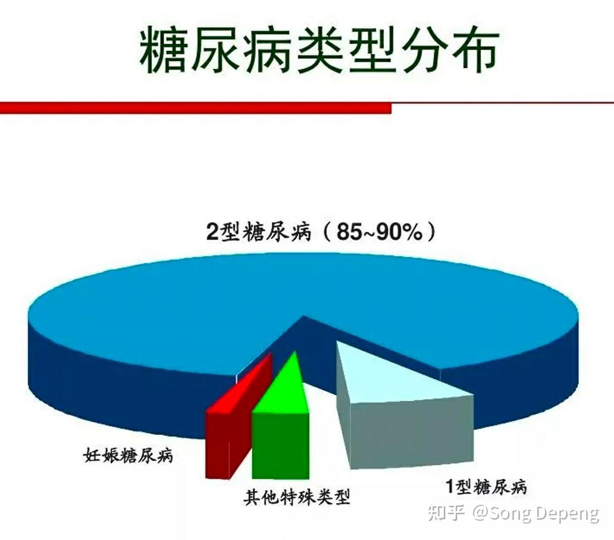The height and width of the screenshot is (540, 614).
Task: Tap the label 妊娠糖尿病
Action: point(129,455)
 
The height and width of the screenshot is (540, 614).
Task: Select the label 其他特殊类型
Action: point(297,497)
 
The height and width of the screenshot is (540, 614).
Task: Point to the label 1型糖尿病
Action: point(486,486)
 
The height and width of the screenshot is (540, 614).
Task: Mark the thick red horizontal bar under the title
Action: point(195,108)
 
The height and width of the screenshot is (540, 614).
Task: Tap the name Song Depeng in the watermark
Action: point(544,514)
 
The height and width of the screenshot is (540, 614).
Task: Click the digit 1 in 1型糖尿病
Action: point(449,486)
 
